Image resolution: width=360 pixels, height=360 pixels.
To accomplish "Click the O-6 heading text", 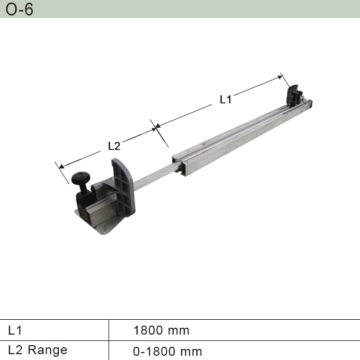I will point(19,9).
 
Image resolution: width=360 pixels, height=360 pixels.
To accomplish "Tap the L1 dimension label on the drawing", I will point(226,99).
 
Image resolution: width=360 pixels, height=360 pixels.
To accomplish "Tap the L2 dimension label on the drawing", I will point(114,145).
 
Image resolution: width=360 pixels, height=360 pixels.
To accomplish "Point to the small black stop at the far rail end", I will point(293,95).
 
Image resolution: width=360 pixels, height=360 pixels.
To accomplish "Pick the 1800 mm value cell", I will point(161,330).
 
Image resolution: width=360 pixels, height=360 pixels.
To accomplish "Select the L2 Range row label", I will point(38,350).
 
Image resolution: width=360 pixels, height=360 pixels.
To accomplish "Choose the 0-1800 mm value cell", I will point(167,351).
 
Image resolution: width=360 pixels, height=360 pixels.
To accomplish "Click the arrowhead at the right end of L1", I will point(281,77).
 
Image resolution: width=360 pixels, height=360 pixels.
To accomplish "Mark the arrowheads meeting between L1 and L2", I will point(156,127).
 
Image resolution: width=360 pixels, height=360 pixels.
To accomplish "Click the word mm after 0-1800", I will point(192,351).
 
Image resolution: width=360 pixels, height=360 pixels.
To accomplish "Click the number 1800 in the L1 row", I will point(148,330).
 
